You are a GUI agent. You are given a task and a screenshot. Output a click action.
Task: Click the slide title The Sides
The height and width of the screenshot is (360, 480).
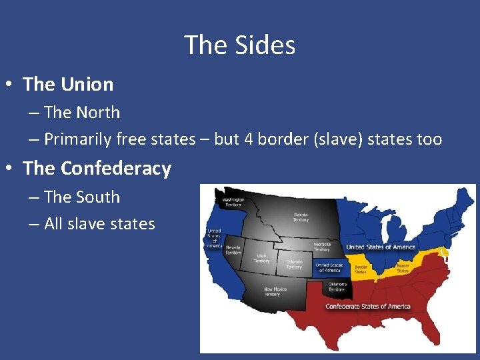239,45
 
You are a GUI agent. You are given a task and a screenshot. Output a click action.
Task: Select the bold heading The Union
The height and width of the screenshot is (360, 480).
68,85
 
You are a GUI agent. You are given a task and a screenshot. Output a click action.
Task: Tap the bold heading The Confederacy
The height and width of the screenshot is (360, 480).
97,169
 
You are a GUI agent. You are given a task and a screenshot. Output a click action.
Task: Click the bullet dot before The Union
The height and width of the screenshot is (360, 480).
9,85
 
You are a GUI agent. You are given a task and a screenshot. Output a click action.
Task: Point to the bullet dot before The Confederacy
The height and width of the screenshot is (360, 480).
9,169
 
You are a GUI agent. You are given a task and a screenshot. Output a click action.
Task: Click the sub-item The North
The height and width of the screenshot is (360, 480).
82,113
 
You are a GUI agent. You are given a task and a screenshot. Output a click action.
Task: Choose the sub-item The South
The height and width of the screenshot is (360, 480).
82,197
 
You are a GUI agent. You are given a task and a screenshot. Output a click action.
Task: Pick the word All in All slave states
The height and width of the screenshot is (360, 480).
53,224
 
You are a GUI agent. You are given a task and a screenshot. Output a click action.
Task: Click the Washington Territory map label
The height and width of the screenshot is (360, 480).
233,201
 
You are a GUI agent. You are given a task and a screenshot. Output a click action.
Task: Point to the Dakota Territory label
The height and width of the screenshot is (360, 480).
301,217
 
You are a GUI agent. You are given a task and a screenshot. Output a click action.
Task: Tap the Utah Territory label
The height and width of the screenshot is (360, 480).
261,258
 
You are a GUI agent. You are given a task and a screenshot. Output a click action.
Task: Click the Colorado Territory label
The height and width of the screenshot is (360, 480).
294,264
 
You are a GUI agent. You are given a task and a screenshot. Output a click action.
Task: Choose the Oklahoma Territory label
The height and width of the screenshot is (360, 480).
337,287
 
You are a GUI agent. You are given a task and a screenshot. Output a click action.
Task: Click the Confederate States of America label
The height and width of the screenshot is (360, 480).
367,306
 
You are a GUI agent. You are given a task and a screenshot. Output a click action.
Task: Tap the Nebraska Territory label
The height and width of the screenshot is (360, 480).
322,246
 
